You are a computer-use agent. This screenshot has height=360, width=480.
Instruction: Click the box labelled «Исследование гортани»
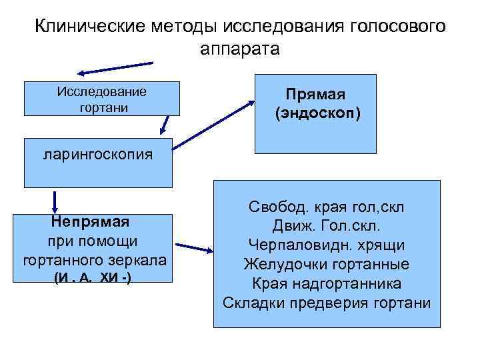coord(102,99)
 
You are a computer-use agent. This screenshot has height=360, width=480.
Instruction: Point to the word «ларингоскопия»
coord(97,155)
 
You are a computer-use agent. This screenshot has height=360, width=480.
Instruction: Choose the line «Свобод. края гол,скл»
coord(326,207)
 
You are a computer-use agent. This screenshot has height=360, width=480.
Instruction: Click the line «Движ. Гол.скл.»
coord(326,226)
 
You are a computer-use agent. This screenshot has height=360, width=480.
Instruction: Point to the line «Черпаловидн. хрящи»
coord(326,245)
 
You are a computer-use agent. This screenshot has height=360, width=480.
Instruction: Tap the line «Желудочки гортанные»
coord(326,264)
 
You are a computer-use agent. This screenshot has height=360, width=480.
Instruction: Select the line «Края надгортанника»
coord(326,283)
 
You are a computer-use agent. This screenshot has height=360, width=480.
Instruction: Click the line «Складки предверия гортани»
coord(326,303)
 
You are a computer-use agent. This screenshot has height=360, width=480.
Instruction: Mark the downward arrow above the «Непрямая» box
coord(54,201)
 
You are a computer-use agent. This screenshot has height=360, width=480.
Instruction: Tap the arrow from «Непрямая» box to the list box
coord(196,248)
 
